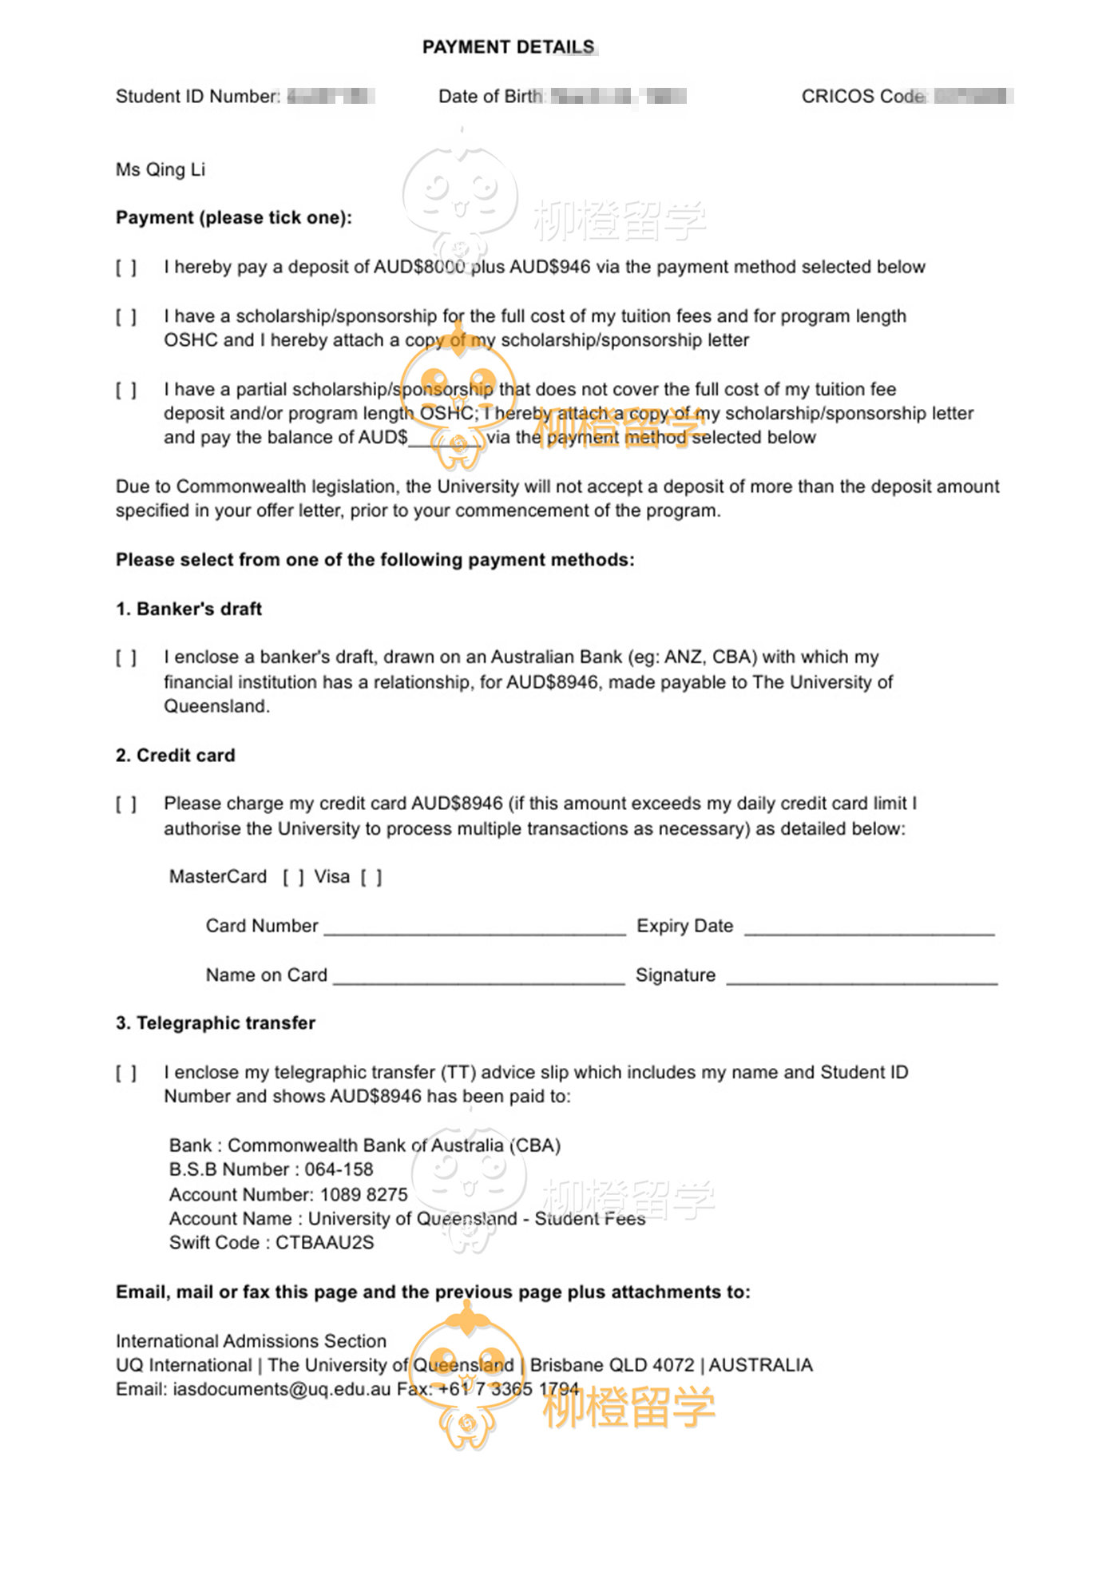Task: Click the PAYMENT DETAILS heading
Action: click(x=509, y=47)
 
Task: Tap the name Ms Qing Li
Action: click(x=161, y=169)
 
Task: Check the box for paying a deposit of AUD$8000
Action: click(x=126, y=268)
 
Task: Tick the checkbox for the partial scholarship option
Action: click(x=126, y=390)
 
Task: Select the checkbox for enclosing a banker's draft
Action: click(x=126, y=658)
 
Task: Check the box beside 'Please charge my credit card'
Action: click(x=126, y=804)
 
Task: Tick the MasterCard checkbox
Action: click(x=293, y=877)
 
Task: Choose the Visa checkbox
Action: click(x=371, y=877)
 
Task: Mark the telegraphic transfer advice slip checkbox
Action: click(x=126, y=1073)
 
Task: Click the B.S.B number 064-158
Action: click(x=339, y=1169)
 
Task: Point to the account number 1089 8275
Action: click(x=363, y=1194)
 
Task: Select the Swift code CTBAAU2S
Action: click(x=324, y=1243)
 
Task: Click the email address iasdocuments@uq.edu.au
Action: click(x=282, y=1389)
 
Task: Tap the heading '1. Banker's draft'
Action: click(x=188, y=609)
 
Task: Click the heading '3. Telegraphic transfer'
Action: click(x=215, y=1023)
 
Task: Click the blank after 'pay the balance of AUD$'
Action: click(x=446, y=438)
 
